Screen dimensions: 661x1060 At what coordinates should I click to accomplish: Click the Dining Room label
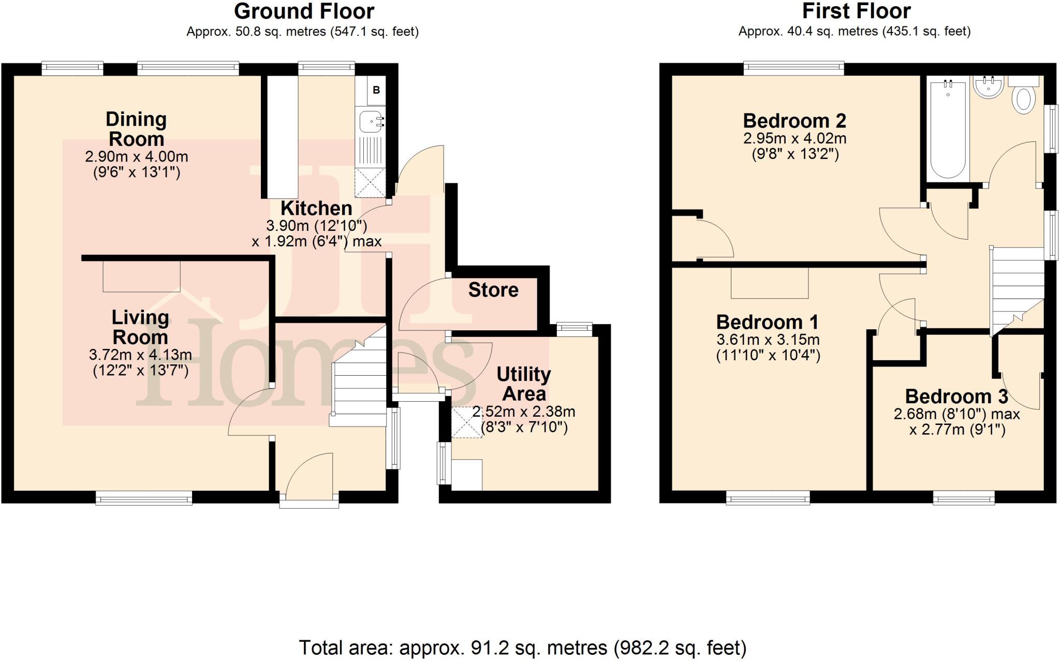pyautogui.click(x=136, y=129)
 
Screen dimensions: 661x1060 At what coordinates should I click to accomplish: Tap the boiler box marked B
pyautogui.click(x=376, y=90)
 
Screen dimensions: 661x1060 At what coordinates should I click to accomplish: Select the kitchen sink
pyautogui.click(x=370, y=122)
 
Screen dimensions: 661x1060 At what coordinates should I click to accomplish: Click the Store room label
pyautogui.click(x=493, y=290)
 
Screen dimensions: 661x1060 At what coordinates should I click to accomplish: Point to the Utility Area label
pyautogui.click(x=524, y=384)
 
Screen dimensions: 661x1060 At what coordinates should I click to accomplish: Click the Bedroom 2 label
pyautogui.click(x=794, y=121)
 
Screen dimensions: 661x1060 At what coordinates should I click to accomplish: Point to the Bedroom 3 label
pyautogui.click(x=956, y=396)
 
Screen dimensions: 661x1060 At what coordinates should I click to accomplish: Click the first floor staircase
pyautogui.click(x=1016, y=290)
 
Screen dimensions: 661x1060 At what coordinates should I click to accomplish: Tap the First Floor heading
pyautogui.click(x=856, y=11)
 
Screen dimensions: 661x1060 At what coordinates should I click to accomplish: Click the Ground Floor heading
pyautogui.click(x=304, y=11)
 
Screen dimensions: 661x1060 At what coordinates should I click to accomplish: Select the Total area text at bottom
pyautogui.click(x=522, y=648)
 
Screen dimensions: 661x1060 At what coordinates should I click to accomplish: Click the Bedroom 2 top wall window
pyautogui.click(x=793, y=68)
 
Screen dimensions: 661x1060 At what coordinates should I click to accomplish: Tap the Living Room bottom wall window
pyautogui.click(x=144, y=498)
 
